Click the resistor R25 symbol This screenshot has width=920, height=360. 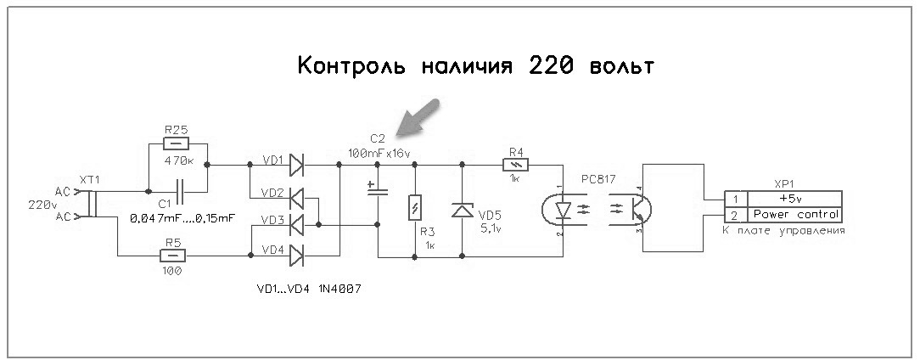point(177,144)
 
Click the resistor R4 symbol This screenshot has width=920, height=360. point(517,165)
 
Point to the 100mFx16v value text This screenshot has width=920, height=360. point(379,153)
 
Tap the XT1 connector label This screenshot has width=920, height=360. point(89,181)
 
